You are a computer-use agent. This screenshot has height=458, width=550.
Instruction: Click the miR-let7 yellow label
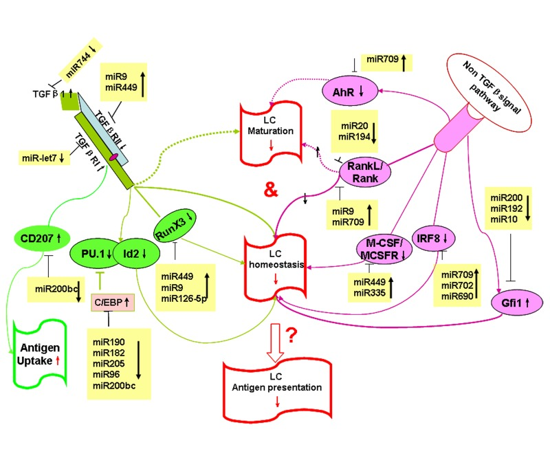pyautogui.click(x=44, y=158)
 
